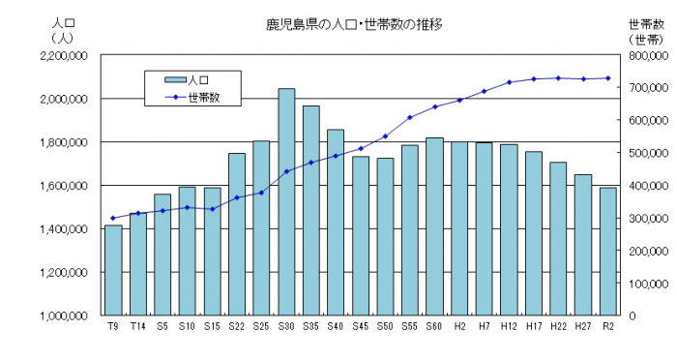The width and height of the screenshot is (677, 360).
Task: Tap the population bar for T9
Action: pos(113,270)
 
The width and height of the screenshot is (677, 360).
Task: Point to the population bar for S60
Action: pos(434,226)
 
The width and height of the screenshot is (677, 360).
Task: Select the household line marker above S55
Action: pos(410,117)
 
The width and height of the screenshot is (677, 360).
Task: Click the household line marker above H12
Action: pos(509,82)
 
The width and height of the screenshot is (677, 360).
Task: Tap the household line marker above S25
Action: pos(261,193)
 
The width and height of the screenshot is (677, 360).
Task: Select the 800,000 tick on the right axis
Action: pos(644,55)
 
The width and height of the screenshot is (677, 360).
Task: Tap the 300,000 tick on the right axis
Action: pos(644,218)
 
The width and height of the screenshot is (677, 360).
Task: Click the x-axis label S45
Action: pos(360,327)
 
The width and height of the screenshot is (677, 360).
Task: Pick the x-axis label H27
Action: pos(582,327)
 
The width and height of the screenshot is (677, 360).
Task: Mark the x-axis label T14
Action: pos(137,327)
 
